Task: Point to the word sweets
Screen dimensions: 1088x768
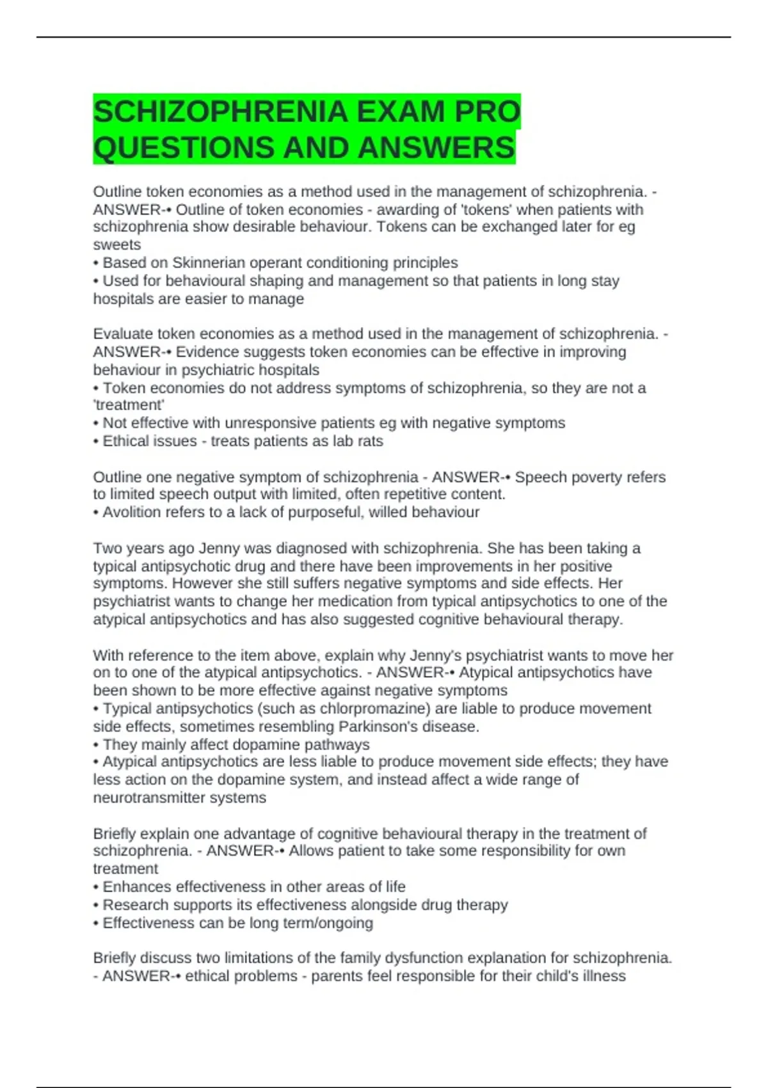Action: (x=117, y=245)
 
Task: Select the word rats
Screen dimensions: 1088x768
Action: (x=371, y=441)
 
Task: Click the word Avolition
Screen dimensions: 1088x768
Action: (x=131, y=512)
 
